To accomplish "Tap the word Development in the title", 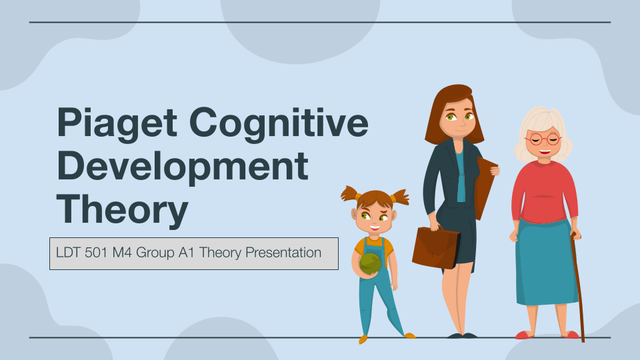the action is click(x=183, y=167).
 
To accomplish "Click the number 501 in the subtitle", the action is click(x=96, y=253).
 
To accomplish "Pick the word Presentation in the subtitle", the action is click(x=283, y=253).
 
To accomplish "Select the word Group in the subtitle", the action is click(x=155, y=253).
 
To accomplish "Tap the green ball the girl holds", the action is click(x=370, y=264).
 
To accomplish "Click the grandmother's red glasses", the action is click(x=543, y=139).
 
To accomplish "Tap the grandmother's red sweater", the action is click(x=544, y=192).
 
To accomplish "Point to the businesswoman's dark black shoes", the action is click(x=462, y=335).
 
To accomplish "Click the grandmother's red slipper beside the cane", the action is click(x=571, y=335).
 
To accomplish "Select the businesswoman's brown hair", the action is click(x=453, y=110).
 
